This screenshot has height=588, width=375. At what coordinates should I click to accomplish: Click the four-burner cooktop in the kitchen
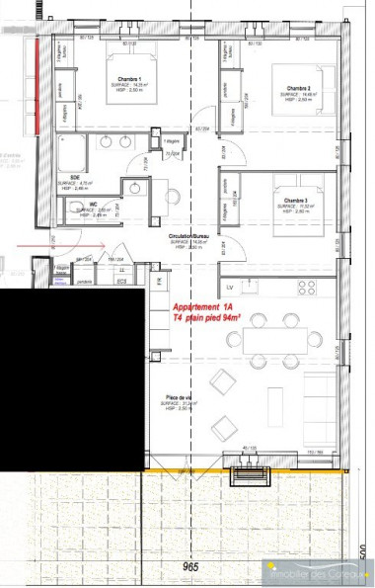click(306, 288)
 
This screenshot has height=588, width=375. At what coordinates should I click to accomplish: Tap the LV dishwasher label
click(229, 287)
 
